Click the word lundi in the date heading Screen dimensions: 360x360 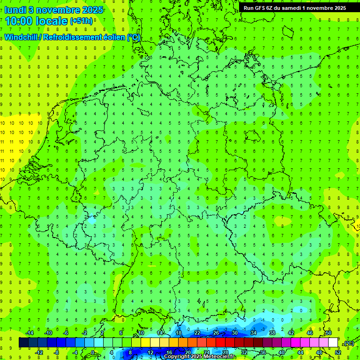coord(15,9)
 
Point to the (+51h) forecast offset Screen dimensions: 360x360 coord(81,22)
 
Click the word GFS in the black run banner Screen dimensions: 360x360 coord(260,8)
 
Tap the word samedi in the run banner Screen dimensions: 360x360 coord(289,8)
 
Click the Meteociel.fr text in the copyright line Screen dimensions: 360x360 coord(217,357)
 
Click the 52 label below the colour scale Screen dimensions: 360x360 coord(337,352)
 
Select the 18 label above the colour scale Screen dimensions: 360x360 coord(179,333)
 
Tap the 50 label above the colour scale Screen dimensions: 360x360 coord(329,333)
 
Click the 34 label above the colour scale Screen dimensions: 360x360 coord(254,333)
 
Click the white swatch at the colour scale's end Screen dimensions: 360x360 coord(333,343)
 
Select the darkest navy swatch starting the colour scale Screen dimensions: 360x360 coord(23,343)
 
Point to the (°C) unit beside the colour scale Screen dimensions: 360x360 coord(348,343)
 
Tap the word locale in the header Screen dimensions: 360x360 coord(53,21)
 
